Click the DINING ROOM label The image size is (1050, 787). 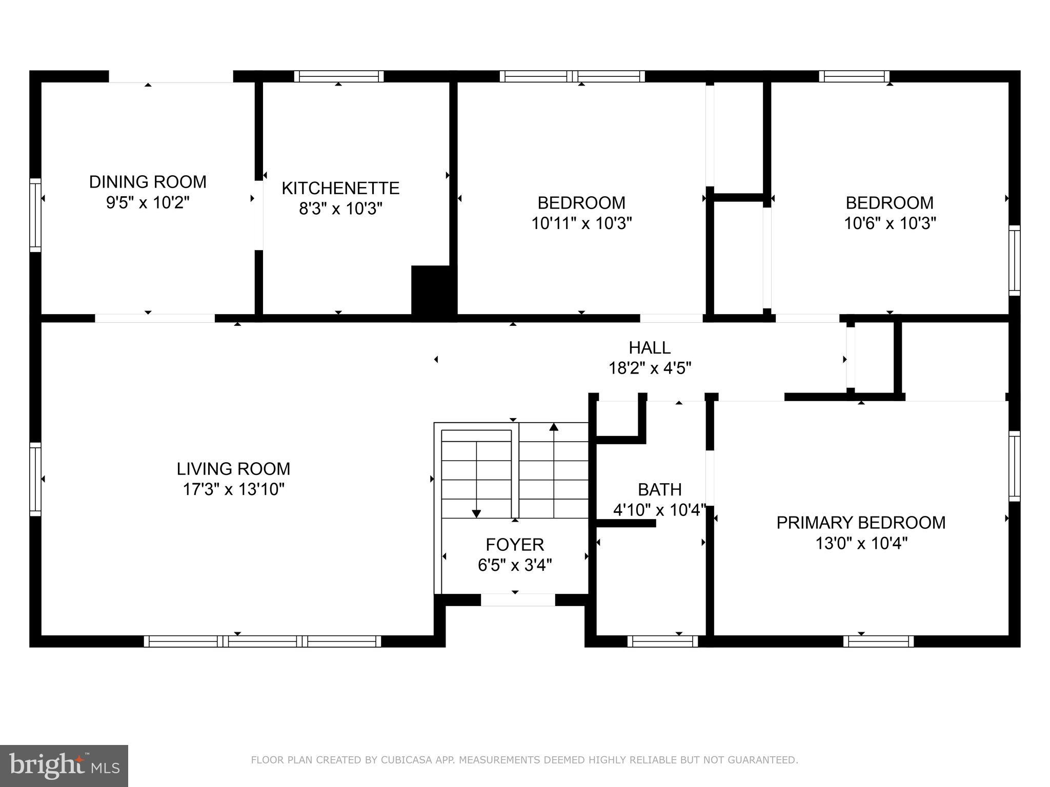[148, 182]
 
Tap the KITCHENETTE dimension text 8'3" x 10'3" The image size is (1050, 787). [340, 209]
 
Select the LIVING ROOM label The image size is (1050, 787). [233, 469]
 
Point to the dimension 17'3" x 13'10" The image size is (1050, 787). [233, 490]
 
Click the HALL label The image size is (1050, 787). [650, 348]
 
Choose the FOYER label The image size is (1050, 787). [515, 544]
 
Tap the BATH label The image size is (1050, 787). [659, 490]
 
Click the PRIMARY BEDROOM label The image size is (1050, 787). [861, 523]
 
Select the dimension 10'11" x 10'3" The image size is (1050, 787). [581, 224]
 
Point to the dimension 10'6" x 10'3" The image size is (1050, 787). [890, 224]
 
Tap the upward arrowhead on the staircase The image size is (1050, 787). [554, 426]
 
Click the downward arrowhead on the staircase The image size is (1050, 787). [476, 513]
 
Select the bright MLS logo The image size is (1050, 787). [64, 765]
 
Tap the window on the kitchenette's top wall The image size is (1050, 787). [339, 76]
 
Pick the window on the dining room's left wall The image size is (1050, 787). [35, 215]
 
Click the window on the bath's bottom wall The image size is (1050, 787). [663, 641]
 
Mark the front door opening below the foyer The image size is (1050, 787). [518, 599]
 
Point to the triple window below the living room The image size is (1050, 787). [262, 641]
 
